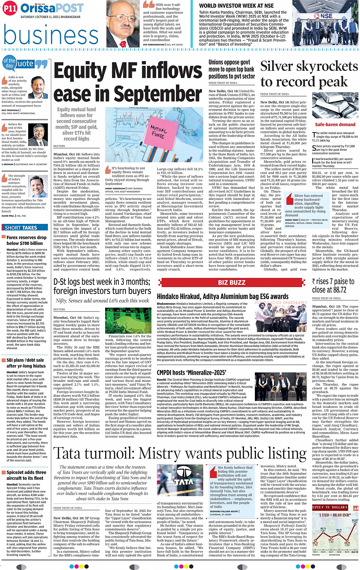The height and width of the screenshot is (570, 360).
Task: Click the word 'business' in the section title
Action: [x=51, y=35]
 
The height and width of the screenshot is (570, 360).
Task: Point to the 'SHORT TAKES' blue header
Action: [x=21, y=228]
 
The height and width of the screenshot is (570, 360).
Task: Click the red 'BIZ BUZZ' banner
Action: [x=232, y=283]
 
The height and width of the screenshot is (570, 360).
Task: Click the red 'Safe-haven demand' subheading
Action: [x=335, y=125]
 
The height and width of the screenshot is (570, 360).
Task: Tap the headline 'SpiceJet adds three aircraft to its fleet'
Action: [x=26, y=475]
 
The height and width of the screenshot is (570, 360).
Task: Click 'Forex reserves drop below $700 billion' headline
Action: [x=26, y=240]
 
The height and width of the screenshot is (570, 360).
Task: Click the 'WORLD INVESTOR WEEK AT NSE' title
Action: [x=236, y=6]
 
